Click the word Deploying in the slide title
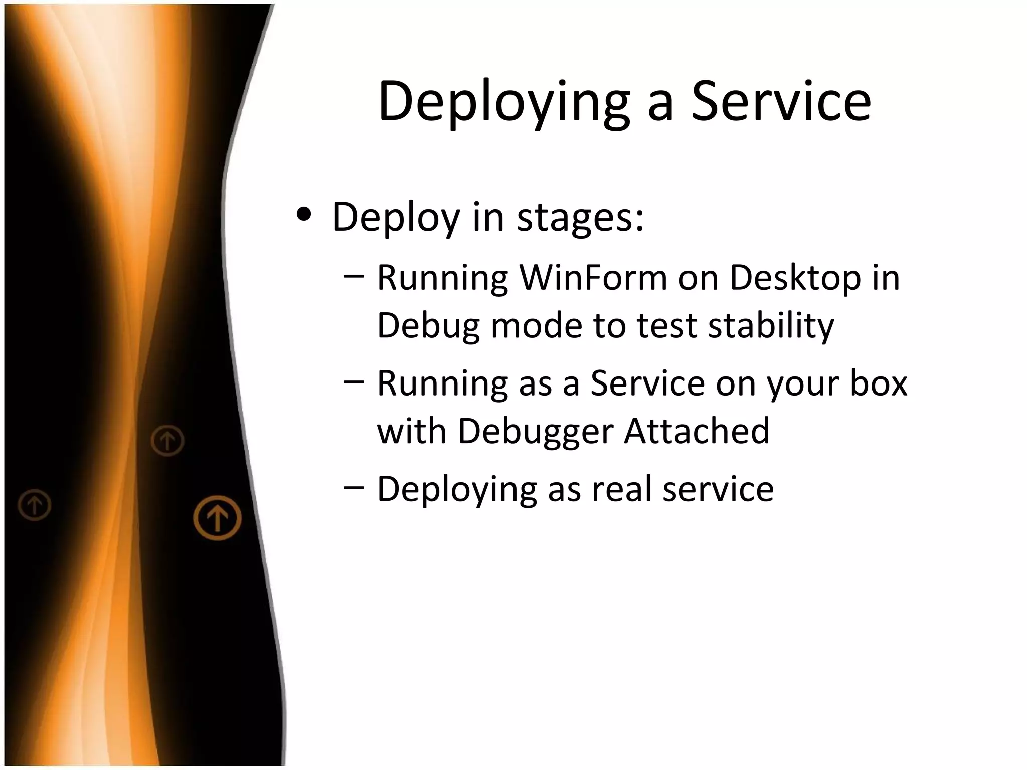coord(503,103)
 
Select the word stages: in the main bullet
coord(580,218)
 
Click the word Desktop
coord(795,278)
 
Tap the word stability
coord(771,326)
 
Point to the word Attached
coord(697,431)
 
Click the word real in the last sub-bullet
coord(622,489)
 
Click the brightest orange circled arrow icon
coord(217,518)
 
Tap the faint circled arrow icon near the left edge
coord(35,505)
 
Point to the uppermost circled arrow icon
coord(167,441)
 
